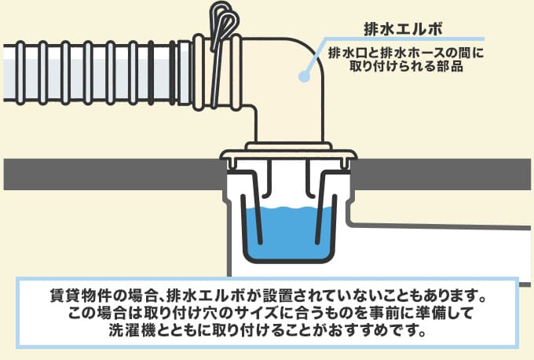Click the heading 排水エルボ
coord(403,28)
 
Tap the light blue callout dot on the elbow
coord(304,76)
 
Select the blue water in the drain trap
coord(289,232)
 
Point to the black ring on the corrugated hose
coord(151,72)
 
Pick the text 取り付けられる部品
coord(406,66)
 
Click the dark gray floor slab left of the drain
coord(114,174)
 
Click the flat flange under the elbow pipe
coord(288,155)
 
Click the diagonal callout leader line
coord(316,57)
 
